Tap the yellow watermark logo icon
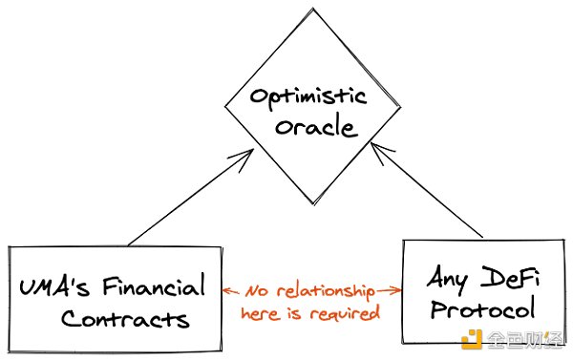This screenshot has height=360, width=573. (x=471, y=340)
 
